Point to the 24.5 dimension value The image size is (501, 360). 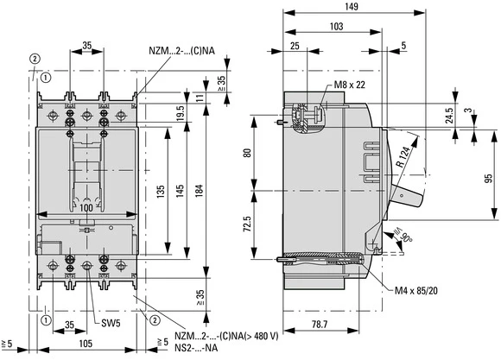pos(449,114)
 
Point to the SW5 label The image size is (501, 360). pos(109,325)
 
